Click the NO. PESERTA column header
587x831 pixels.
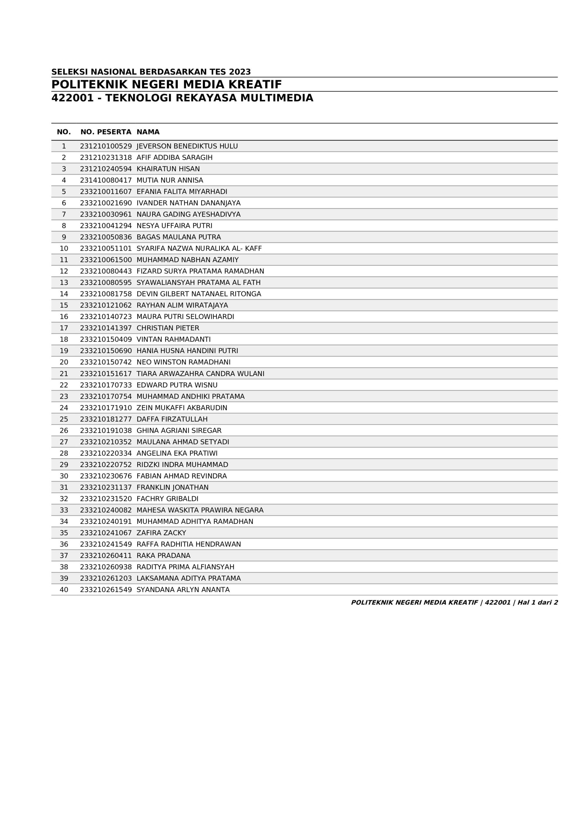106,132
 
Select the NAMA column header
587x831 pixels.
148,132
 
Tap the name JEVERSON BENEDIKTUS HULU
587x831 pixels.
187,146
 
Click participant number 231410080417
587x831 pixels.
106,180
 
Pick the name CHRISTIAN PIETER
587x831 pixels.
167,328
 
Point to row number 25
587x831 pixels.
64,419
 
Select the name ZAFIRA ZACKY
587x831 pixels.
161,533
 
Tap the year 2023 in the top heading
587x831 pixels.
239,72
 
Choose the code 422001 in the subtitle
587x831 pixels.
72,98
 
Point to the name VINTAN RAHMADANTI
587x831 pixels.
173,340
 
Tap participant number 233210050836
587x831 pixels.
106,237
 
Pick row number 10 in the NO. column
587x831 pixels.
64,249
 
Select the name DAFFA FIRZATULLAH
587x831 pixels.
172,419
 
